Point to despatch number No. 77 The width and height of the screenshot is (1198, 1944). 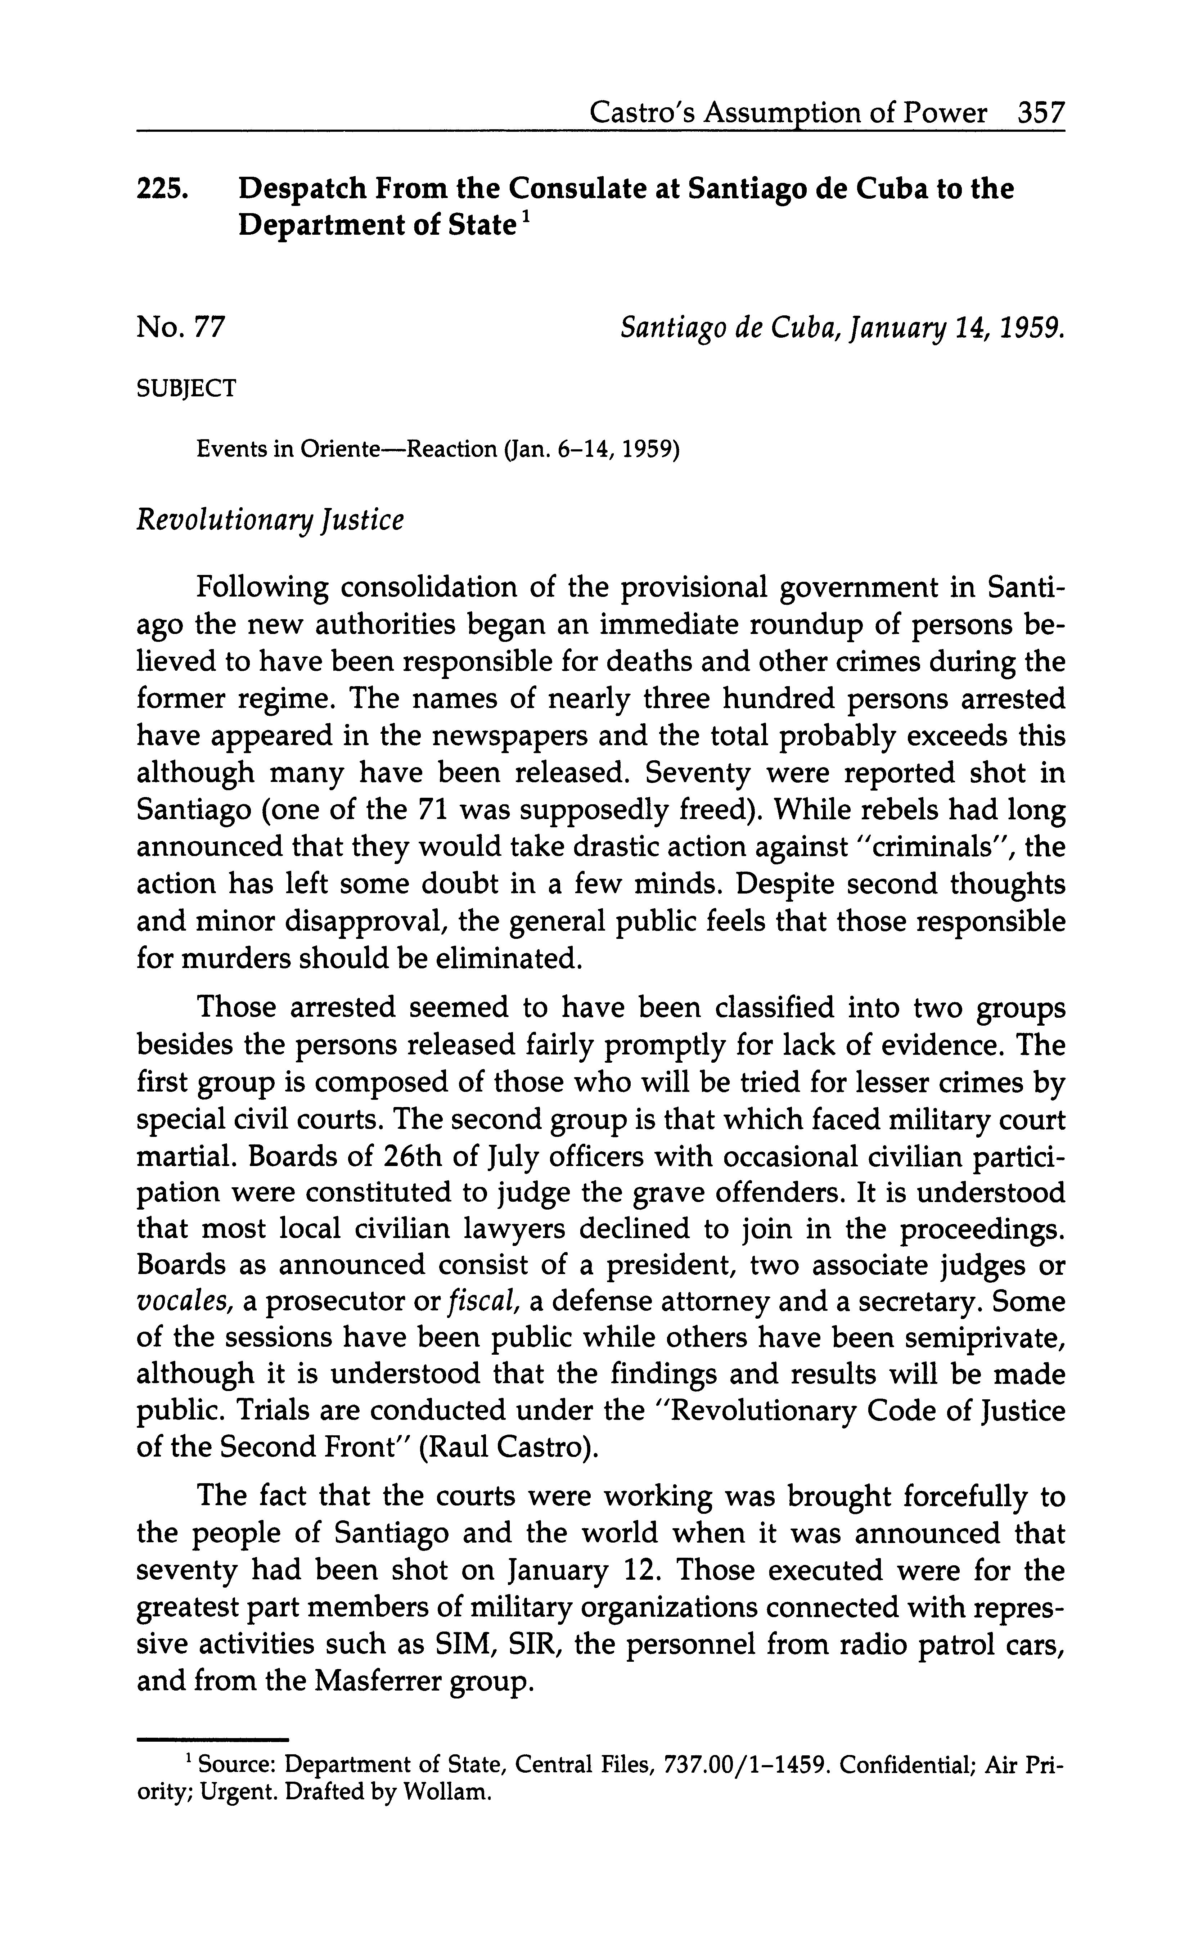(x=181, y=327)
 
